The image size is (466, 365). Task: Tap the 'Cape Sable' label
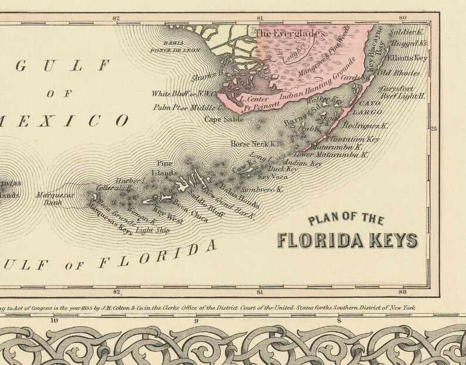pos(219,119)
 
